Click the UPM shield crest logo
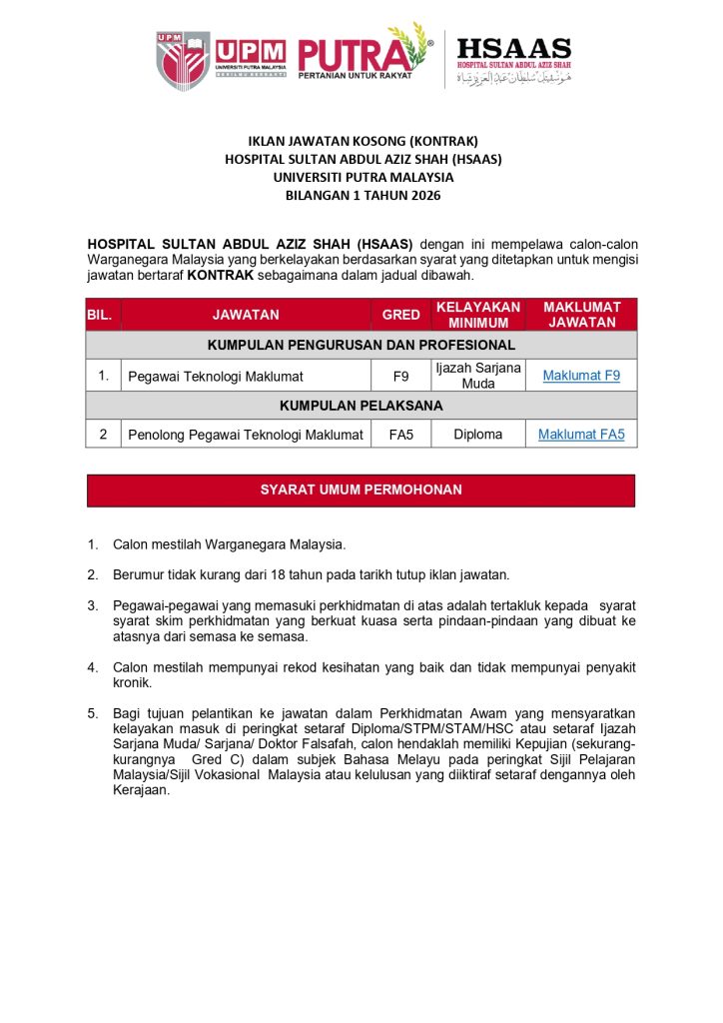(x=182, y=60)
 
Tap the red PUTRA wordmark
(x=356, y=56)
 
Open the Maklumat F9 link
(x=581, y=376)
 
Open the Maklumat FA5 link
(x=581, y=435)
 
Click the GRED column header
(x=401, y=315)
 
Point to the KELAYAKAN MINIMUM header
(x=478, y=315)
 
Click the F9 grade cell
(x=401, y=376)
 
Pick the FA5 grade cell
(x=401, y=435)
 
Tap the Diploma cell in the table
(x=478, y=435)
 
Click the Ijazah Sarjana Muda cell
(x=478, y=376)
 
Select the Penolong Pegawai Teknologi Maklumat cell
(x=245, y=435)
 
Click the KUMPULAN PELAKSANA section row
(x=361, y=406)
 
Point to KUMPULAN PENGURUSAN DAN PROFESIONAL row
(x=361, y=346)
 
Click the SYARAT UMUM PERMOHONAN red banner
(x=361, y=491)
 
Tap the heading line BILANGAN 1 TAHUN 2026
(x=362, y=196)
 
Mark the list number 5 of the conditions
(x=92, y=713)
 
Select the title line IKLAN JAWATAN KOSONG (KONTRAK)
(x=362, y=141)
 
